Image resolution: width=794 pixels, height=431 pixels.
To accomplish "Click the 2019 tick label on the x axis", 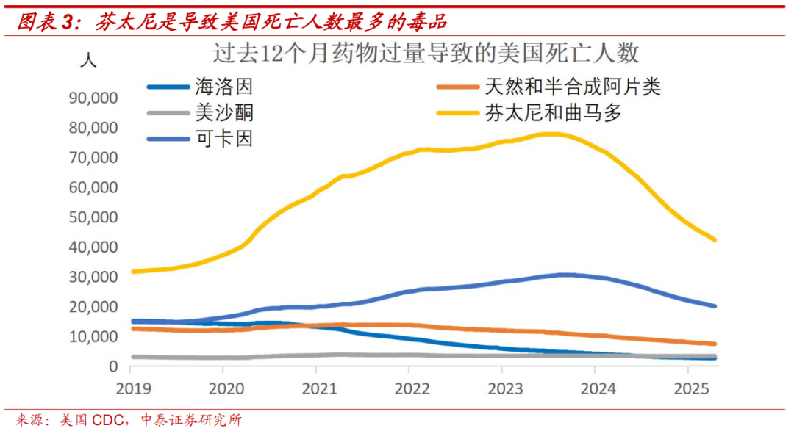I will [x=129, y=388].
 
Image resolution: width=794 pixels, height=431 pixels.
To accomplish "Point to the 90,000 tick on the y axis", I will [x=92, y=98].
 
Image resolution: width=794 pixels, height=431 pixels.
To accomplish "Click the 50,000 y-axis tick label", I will [x=92, y=217].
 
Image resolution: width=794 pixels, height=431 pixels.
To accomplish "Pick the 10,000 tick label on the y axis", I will [x=92, y=336].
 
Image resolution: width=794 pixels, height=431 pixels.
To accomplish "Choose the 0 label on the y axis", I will [x=112, y=366].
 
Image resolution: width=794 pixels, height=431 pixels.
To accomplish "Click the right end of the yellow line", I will [x=715, y=240].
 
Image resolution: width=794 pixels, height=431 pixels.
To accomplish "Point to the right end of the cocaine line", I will [x=715, y=306].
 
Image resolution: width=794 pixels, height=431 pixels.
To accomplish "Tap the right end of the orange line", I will [x=715, y=344].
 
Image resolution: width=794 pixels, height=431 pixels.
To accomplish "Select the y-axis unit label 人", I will [x=88, y=59].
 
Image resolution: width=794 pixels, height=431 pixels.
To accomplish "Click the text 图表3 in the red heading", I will [x=46, y=23].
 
